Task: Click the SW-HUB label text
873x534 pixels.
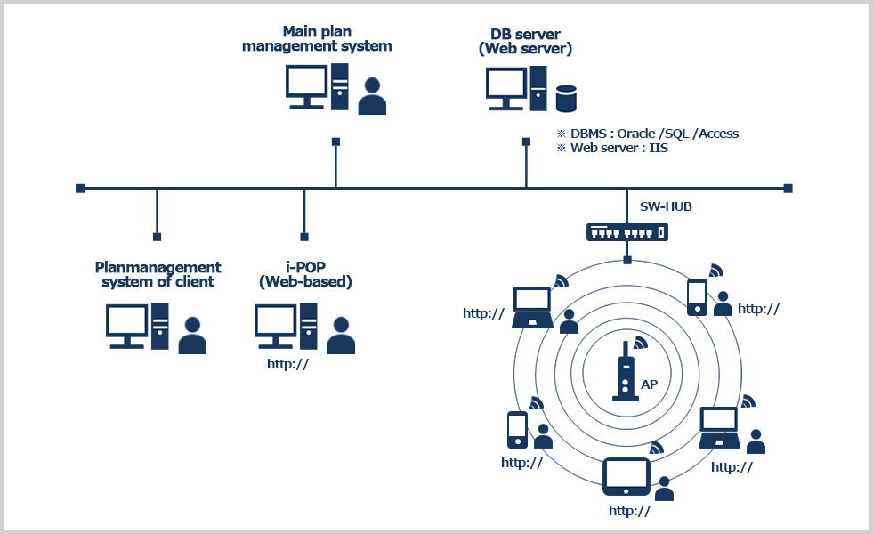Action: tap(666, 206)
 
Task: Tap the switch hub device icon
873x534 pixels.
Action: tap(626, 231)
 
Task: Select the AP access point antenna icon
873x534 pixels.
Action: tap(625, 371)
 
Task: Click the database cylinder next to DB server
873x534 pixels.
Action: tap(566, 98)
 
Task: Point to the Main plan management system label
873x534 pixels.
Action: tap(317, 39)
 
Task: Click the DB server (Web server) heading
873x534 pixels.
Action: tap(525, 41)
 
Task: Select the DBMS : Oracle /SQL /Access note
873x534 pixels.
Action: tap(647, 133)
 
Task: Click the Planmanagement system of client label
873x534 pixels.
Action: tap(158, 274)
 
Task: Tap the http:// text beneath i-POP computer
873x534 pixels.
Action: tap(288, 363)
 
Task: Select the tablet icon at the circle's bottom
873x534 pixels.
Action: tap(627, 476)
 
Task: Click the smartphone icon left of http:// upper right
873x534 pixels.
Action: tap(697, 297)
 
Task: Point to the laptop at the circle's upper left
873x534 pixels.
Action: tap(533, 308)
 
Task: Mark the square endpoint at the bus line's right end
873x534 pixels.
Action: tap(788, 188)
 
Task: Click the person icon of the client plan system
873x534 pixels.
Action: tap(192, 336)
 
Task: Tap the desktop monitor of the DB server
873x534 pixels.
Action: tap(505, 88)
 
